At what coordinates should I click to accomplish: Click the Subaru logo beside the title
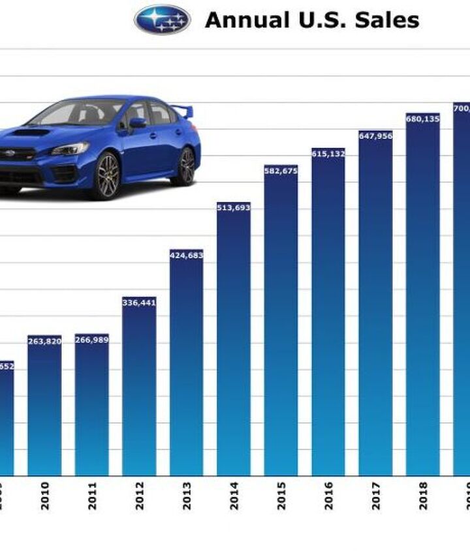(x=163, y=20)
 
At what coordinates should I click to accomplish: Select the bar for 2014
(x=234, y=339)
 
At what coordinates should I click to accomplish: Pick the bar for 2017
(x=375, y=303)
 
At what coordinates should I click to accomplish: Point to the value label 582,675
(x=281, y=171)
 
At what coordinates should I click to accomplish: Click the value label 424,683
(x=186, y=255)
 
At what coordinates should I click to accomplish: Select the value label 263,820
(x=44, y=341)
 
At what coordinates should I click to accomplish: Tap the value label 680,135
(x=422, y=119)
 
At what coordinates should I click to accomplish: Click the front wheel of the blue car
(x=106, y=175)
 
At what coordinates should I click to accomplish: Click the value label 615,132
(x=328, y=154)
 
